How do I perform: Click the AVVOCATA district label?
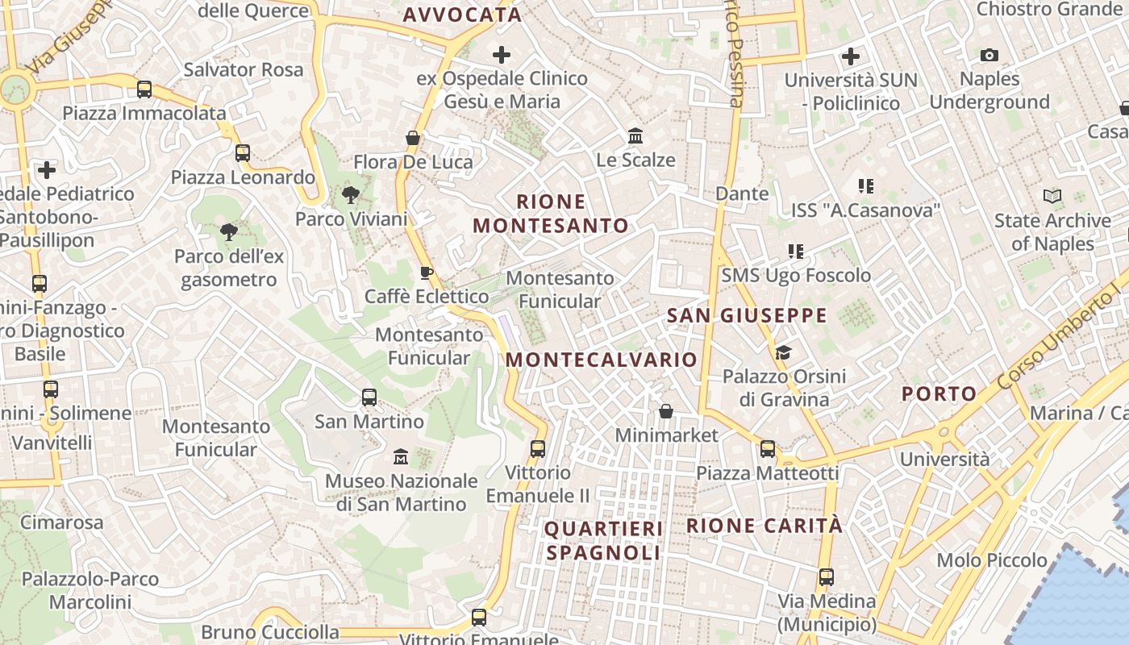tap(462, 15)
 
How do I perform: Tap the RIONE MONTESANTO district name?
tap(551, 214)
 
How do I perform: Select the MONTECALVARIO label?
tap(602, 360)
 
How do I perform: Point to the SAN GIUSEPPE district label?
tap(748, 315)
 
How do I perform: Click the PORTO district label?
tap(939, 394)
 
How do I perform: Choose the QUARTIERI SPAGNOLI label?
tap(604, 540)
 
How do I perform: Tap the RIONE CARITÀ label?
tap(764, 526)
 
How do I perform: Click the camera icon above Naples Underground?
tap(989, 56)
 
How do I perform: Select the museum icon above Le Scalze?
tap(635, 136)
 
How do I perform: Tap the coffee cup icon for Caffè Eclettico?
tap(427, 273)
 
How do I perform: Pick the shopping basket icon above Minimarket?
tap(666, 412)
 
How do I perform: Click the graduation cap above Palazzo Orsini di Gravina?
tap(783, 352)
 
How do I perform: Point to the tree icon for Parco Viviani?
tap(350, 194)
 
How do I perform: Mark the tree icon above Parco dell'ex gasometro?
tap(229, 232)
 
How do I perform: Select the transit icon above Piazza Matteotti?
tap(768, 449)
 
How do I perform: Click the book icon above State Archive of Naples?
tap(1052, 196)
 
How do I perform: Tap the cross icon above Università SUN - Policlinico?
tap(851, 56)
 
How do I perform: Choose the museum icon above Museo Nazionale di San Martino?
tap(401, 457)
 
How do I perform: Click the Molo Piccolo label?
tap(992, 560)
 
